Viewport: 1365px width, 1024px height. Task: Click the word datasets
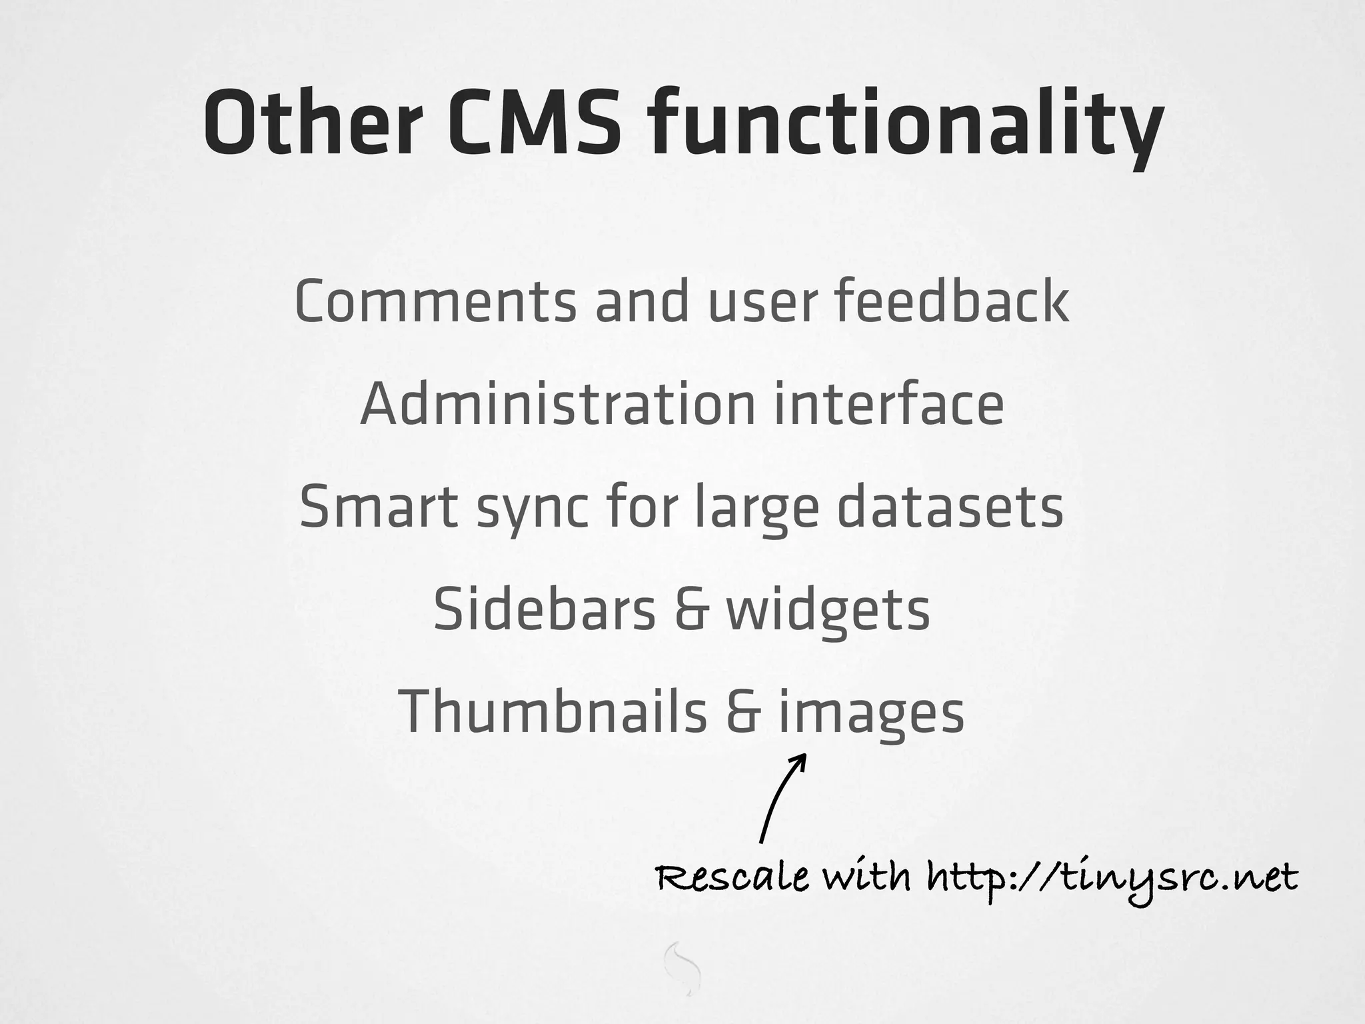point(950,507)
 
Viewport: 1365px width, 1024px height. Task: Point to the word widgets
point(828,612)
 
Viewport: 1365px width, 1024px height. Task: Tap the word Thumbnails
point(553,712)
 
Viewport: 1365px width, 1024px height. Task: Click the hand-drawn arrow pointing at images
point(781,797)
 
